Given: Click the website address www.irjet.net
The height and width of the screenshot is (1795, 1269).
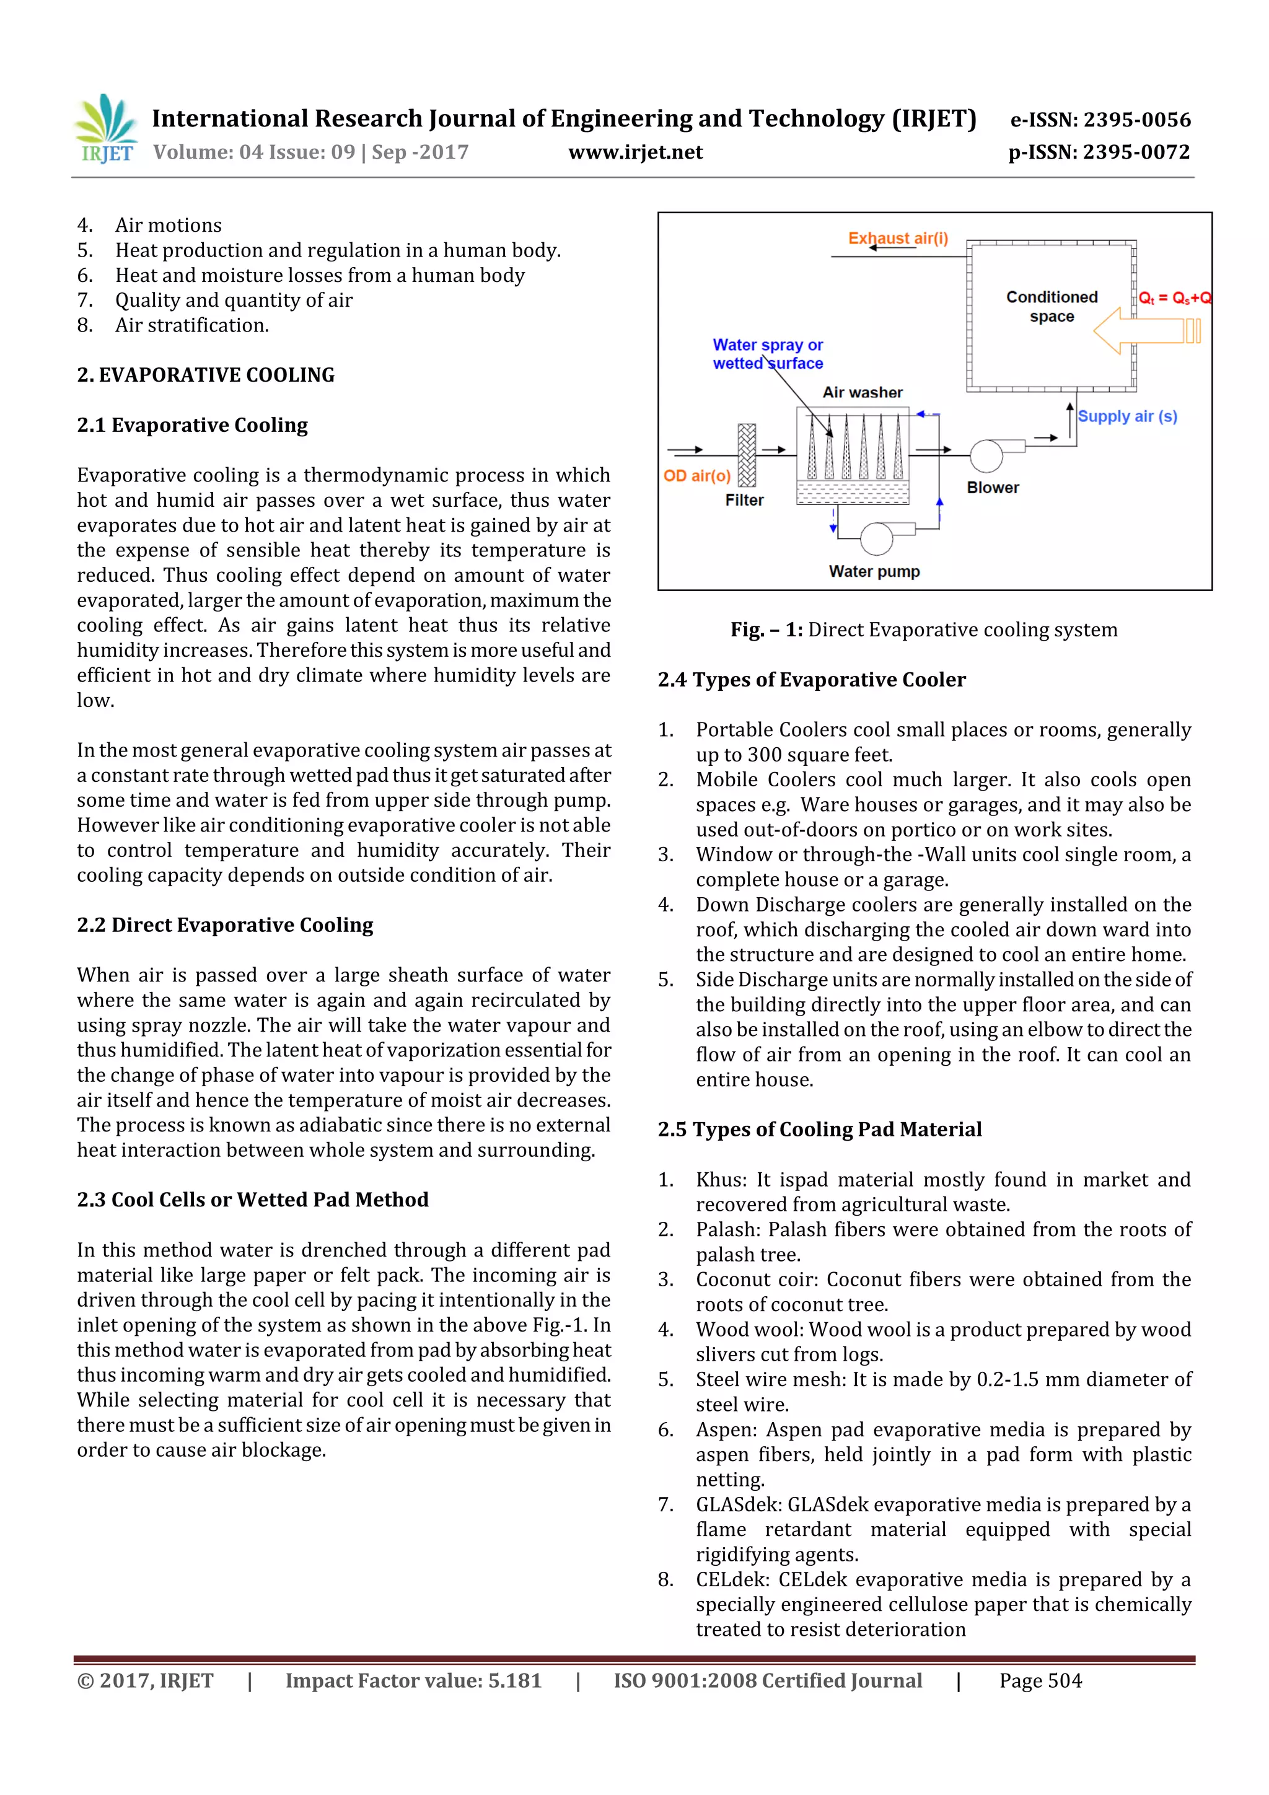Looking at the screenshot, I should tap(635, 152).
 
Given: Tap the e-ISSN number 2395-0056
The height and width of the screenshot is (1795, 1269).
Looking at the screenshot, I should tap(1137, 120).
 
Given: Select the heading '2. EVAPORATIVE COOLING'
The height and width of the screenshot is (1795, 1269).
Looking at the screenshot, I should tap(206, 375).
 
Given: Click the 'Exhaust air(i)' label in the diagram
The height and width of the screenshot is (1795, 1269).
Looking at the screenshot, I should tap(898, 238).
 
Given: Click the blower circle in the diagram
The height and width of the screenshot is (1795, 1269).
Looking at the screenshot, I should tap(986, 456).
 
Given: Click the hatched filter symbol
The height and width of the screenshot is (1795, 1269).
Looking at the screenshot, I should tap(747, 455).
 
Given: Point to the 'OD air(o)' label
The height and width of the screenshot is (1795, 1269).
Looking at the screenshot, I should tap(696, 475).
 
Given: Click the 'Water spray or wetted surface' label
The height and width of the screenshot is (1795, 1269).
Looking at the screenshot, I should tap(767, 354).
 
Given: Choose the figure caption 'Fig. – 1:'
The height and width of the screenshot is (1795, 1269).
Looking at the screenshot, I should tap(766, 630).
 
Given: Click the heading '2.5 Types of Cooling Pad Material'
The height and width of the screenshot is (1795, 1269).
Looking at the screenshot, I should tap(819, 1130).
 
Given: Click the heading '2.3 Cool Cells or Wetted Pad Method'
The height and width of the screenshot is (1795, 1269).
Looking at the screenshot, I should tap(253, 1200).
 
